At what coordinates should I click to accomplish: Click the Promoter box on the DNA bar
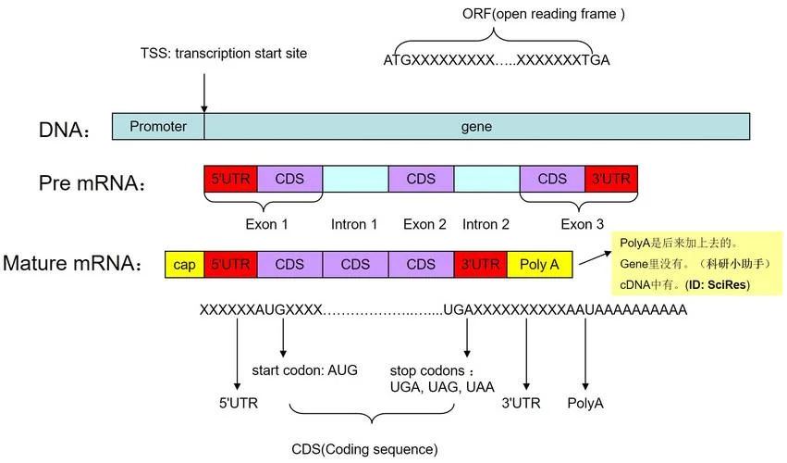click(x=158, y=126)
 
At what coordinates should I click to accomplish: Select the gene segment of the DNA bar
click(x=477, y=126)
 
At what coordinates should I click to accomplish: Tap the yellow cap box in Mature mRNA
click(x=184, y=265)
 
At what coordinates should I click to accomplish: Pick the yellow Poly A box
click(x=539, y=265)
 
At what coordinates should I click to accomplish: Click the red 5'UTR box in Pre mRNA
click(x=230, y=179)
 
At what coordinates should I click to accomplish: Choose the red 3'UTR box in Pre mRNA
click(x=611, y=179)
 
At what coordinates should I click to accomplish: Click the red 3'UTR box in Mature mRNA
click(x=480, y=265)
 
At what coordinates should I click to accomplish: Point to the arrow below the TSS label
click(x=204, y=93)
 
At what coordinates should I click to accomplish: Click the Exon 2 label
click(x=424, y=224)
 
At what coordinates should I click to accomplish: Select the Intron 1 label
click(x=354, y=224)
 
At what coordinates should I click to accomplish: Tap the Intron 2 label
click(x=486, y=224)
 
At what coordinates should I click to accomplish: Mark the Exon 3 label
click(x=583, y=224)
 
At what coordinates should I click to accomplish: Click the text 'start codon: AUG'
click(x=304, y=370)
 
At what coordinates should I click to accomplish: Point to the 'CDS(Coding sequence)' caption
click(x=365, y=449)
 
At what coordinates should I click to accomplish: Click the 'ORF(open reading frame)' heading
click(x=544, y=14)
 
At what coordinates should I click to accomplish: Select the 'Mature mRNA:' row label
click(x=72, y=263)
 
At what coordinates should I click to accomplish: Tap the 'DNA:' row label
click(x=64, y=131)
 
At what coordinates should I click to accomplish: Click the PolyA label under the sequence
click(x=585, y=403)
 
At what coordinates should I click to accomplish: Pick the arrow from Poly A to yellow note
click(x=596, y=258)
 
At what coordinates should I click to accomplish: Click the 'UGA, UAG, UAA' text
click(x=442, y=387)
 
